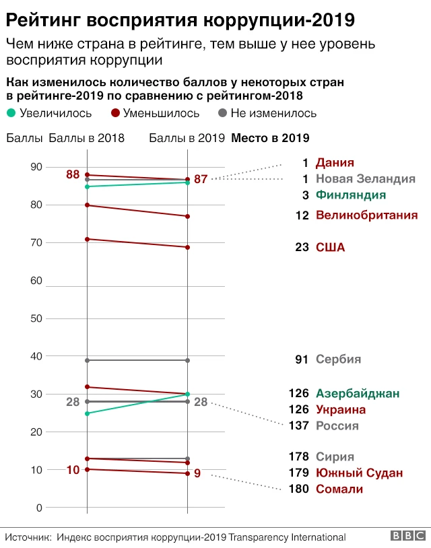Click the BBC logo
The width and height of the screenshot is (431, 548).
click(x=406, y=537)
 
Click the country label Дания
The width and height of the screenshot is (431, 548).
click(x=335, y=162)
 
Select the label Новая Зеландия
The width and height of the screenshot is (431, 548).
click(x=366, y=179)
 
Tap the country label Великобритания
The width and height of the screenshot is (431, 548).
click(x=367, y=215)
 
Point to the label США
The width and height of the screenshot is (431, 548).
click(x=330, y=247)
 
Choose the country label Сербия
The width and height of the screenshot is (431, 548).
click(x=339, y=359)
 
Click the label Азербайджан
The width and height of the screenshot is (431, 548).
click(x=358, y=393)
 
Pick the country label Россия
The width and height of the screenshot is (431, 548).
click(x=337, y=425)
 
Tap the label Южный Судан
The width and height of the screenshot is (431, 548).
click(x=360, y=473)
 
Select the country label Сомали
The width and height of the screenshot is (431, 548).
click(x=339, y=489)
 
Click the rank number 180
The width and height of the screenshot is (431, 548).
click(x=297, y=489)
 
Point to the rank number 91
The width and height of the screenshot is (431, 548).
click(x=301, y=359)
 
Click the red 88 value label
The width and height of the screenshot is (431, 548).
click(x=73, y=174)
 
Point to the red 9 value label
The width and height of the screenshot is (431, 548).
click(x=197, y=473)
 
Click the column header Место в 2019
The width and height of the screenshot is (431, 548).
click(x=270, y=139)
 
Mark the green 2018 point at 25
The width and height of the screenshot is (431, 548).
click(x=88, y=413)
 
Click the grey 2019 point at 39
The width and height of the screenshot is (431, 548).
click(x=187, y=360)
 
